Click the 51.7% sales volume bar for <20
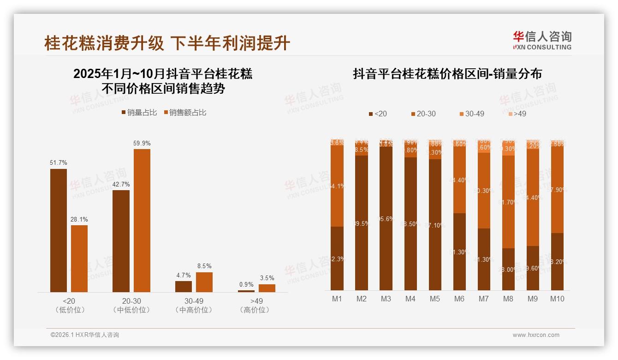[x=59, y=230]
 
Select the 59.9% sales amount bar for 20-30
[x=142, y=220]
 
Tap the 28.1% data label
[x=79, y=219]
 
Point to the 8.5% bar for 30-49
[x=204, y=282]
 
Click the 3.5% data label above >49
[x=267, y=278]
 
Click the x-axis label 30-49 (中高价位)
[x=194, y=305]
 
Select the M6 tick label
[x=459, y=299]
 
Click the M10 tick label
[x=557, y=299]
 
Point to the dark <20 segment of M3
[x=386, y=219]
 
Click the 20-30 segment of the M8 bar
[x=508, y=202]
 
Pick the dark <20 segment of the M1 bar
[x=337, y=258]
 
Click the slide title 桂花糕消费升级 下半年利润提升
[x=167, y=43]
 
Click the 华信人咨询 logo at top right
[x=542, y=40]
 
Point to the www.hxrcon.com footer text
[x=536, y=335]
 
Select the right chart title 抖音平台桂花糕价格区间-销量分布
[x=447, y=74]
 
